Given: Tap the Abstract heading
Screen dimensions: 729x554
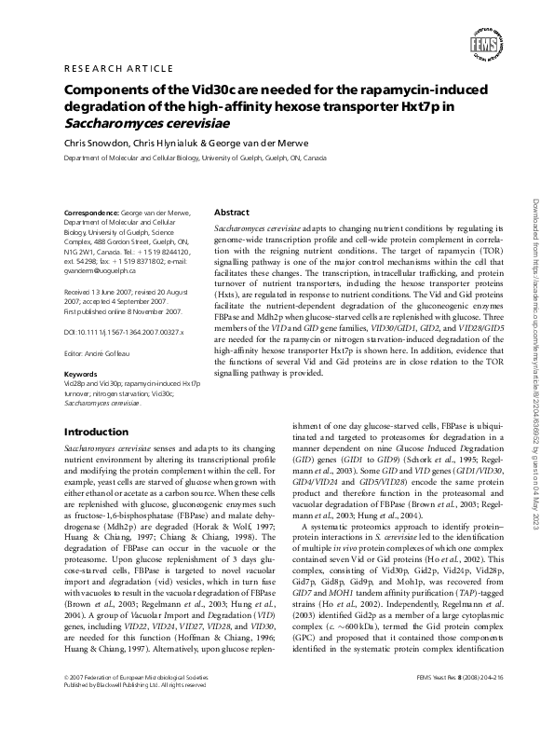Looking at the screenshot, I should (232, 213).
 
